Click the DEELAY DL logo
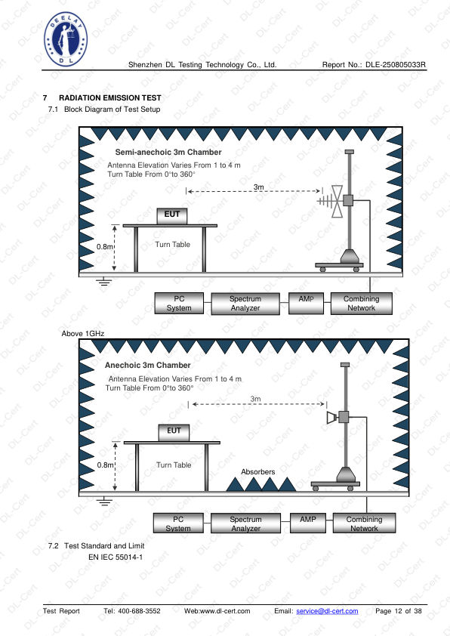(x=66, y=39)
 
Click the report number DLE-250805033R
(x=396, y=64)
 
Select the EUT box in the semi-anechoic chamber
(x=172, y=216)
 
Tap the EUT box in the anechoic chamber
(x=174, y=432)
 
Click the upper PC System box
(x=179, y=304)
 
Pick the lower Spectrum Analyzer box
(x=245, y=523)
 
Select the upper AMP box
(x=306, y=304)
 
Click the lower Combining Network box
(x=364, y=523)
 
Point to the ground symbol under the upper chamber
(x=105, y=281)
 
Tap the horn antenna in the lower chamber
(x=332, y=418)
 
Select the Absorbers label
(x=257, y=472)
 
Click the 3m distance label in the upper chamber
(x=259, y=187)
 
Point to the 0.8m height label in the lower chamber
(x=105, y=465)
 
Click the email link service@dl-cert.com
(x=327, y=611)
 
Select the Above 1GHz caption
(x=83, y=333)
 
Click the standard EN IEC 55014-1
(x=116, y=557)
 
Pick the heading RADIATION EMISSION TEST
(x=110, y=97)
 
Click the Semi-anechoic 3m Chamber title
(x=168, y=152)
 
